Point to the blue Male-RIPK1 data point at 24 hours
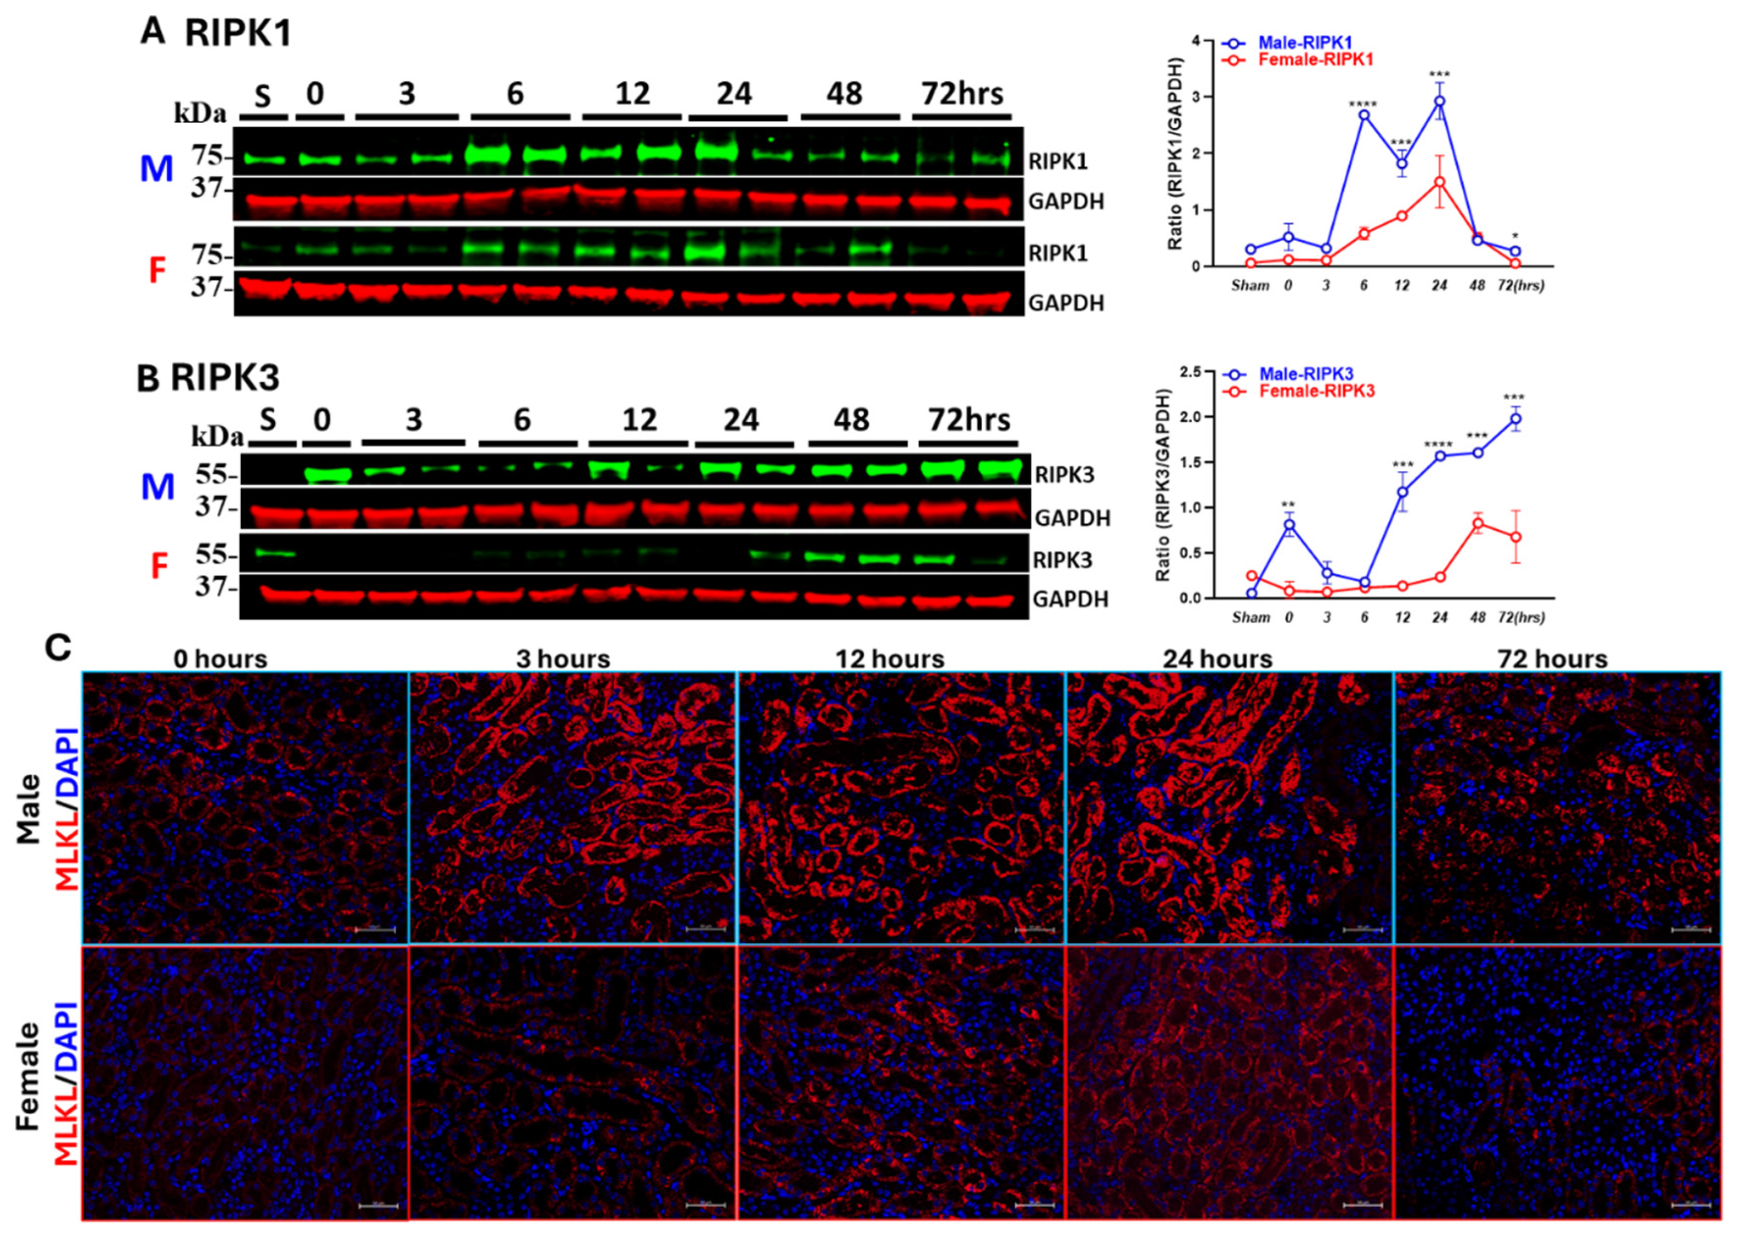point(1439,101)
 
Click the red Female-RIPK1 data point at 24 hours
point(1439,182)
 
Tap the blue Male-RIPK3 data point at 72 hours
point(1515,419)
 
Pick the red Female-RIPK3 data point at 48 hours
point(1477,523)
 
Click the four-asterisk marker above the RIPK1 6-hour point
point(1363,104)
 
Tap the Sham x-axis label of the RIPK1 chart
point(1251,286)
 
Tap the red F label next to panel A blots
point(157,271)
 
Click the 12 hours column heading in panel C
point(889,659)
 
